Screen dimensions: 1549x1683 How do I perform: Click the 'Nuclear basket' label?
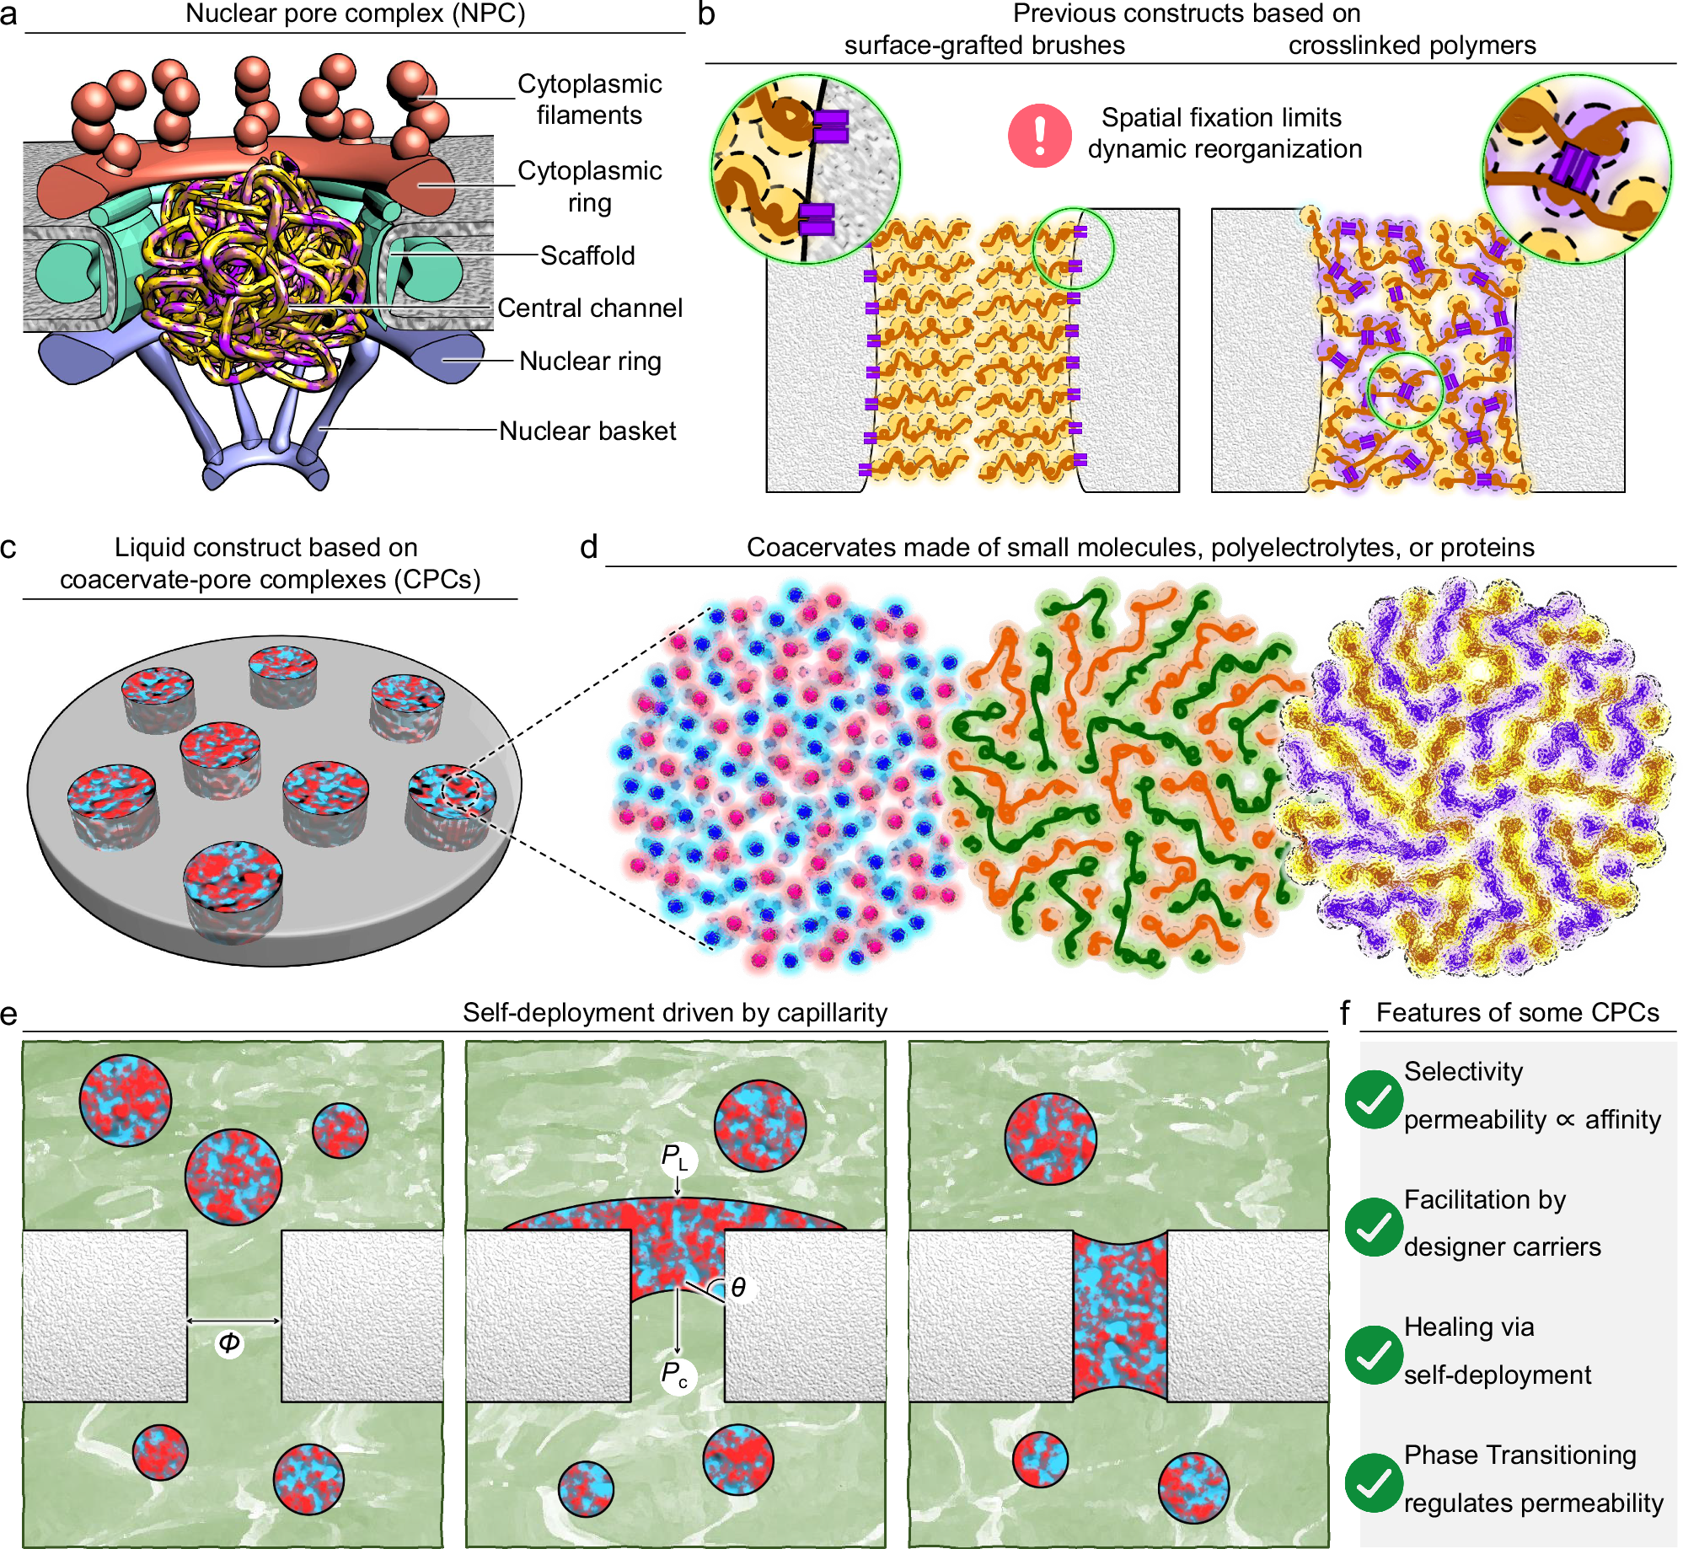click(x=587, y=431)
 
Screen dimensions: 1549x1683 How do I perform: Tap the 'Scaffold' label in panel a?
click(x=587, y=255)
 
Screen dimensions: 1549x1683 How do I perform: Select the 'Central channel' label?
click(x=589, y=308)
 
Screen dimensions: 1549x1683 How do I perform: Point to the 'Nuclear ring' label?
click(x=590, y=361)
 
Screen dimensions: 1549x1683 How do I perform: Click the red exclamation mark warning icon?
click(x=1039, y=135)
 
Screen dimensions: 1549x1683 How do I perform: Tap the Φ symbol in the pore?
click(x=229, y=1343)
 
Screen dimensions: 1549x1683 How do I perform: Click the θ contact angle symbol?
click(x=738, y=1287)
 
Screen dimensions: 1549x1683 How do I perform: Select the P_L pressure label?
click(x=675, y=1158)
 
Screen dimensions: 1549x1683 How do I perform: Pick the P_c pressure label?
click(x=675, y=1375)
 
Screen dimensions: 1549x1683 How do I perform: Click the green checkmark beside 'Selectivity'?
click(x=1374, y=1099)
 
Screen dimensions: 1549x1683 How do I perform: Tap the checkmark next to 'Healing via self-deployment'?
click(x=1374, y=1354)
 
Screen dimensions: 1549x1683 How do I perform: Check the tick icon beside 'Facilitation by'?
click(x=1374, y=1227)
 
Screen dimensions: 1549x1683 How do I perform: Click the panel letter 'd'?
click(x=588, y=548)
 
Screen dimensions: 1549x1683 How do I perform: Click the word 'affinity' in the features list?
click(x=1622, y=1119)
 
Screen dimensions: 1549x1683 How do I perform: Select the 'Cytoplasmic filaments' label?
click(x=589, y=99)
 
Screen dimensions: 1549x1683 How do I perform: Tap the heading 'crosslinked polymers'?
click(x=1412, y=45)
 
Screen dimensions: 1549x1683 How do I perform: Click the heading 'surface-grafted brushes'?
click(x=984, y=45)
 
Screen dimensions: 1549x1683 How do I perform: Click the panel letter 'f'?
click(x=1345, y=1012)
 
